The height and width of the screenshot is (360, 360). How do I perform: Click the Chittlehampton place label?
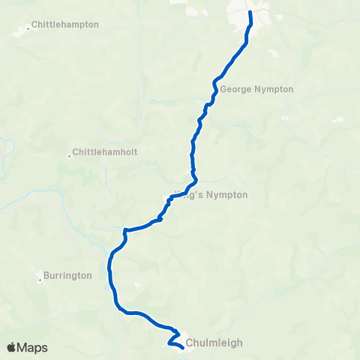(x=67, y=25)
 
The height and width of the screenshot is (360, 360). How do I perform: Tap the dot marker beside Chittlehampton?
(x=29, y=28)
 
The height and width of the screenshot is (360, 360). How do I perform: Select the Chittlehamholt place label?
(x=106, y=152)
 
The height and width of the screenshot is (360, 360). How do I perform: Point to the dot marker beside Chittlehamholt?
(x=69, y=156)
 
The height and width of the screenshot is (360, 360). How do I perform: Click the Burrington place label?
(x=67, y=275)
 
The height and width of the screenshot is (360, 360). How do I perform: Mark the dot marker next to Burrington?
(x=40, y=280)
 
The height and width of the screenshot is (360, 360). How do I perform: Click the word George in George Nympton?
(x=235, y=89)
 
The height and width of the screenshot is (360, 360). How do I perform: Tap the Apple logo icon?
(x=13, y=347)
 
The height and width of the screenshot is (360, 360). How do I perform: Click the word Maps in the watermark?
(x=33, y=347)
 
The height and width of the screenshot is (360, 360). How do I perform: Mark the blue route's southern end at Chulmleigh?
(x=183, y=347)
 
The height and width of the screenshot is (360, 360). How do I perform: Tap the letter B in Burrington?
(x=46, y=275)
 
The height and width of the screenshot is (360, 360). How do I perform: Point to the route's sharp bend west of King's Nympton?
(x=124, y=230)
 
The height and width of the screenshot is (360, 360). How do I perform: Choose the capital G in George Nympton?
(x=223, y=89)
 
